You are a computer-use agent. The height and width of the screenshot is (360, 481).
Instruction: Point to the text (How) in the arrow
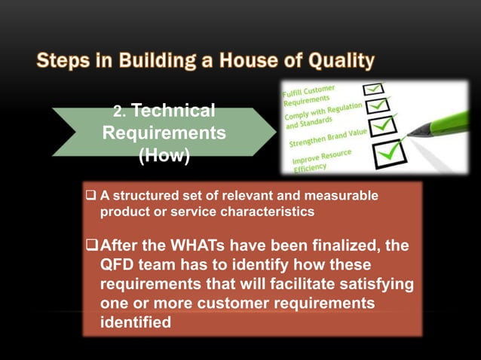click(164, 155)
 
